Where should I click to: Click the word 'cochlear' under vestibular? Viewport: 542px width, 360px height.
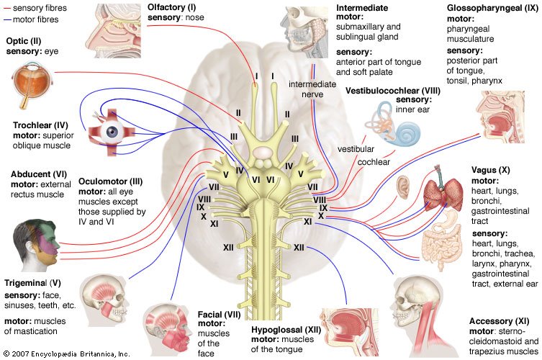point(375,163)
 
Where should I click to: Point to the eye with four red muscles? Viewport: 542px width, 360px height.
point(109,132)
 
